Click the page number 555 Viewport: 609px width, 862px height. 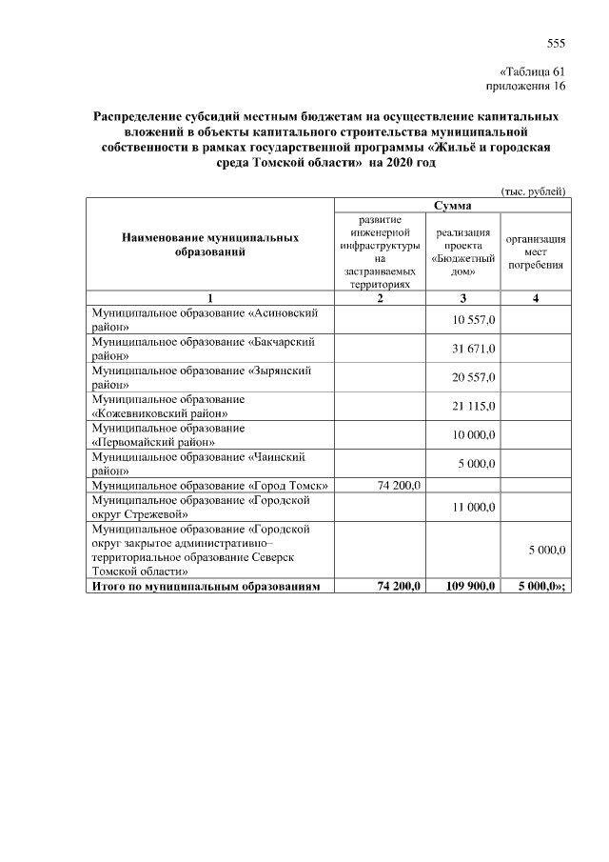[x=556, y=43]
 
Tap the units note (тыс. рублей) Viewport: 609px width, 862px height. [x=533, y=190]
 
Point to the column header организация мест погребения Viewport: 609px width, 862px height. [x=537, y=251]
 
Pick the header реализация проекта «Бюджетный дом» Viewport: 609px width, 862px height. [x=464, y=251]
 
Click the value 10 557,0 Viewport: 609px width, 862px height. [x=473, y=319]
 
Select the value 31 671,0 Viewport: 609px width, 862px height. [x=473, y=348]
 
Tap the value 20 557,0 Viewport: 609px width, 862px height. [x=473, y=376]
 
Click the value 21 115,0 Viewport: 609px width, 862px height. [x=473, y=406]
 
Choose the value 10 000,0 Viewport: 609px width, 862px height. [x=473, y=434]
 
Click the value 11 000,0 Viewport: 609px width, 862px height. [x=473, y=507]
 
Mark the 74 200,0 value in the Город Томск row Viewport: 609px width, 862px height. [x=399, y=485]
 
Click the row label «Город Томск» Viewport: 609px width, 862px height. [x=209, y=486]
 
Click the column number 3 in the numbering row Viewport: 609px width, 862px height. [x=463, y=299]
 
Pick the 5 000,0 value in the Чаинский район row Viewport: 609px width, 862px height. [x=473, y=463]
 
